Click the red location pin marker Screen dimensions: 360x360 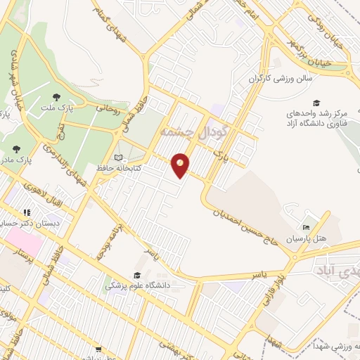point(181,165)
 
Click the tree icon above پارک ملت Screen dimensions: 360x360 point(57,96)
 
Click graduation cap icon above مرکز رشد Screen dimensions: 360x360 point(316,103)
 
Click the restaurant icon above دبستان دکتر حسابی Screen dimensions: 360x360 point(27,212)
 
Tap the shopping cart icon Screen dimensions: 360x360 point(98,349)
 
